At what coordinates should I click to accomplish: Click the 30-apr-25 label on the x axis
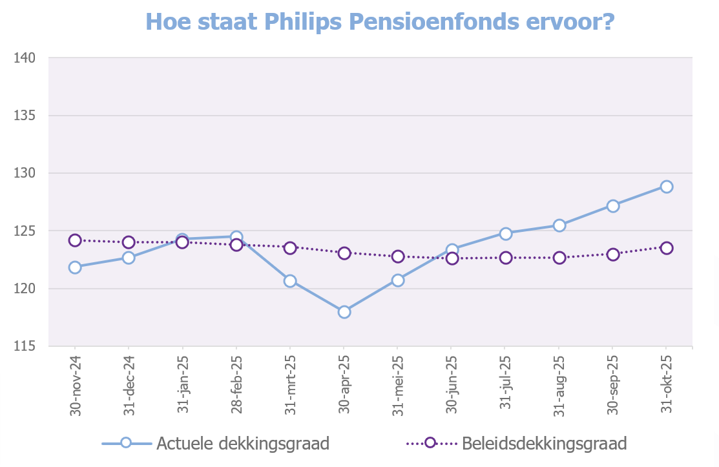(344, 385)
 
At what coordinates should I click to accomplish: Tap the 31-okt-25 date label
(667, 385)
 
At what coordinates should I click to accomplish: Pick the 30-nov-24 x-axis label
(75, 385)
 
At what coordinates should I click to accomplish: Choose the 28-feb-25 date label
(236, 385)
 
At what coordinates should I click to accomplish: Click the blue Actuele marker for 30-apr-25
(344, 312)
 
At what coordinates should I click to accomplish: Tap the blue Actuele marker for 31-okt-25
(667, 187)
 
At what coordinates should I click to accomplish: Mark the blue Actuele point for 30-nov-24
(75, 267)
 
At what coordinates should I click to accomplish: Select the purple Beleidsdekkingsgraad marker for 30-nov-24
(75, 240)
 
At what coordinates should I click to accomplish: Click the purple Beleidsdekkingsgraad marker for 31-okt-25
(667, 248)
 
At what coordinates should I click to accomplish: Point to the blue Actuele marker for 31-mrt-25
(290, 281)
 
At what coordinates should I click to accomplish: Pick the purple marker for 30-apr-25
(344, 253)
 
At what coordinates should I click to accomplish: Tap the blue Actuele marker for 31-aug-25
(559, 225)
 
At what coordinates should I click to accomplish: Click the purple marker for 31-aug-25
(559, 258)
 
